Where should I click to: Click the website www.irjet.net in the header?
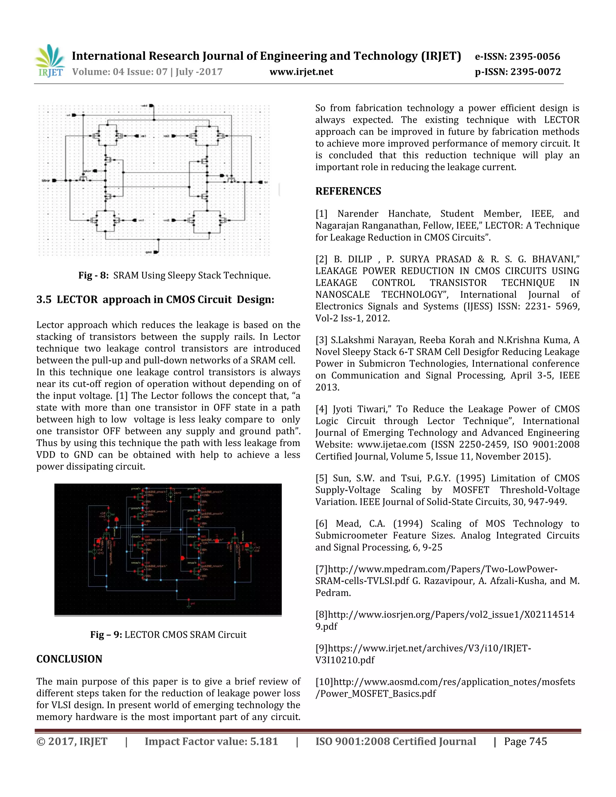[x=301, y=72]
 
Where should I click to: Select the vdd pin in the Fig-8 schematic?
[x=151, y=106]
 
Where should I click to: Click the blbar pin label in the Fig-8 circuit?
[x=46, y=180]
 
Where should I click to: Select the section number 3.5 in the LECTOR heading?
[x=44, y=300]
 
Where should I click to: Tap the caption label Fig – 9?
[x=106, y=635]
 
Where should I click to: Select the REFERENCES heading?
[x=348, y=191]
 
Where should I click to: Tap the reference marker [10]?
[x=324, y=682]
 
